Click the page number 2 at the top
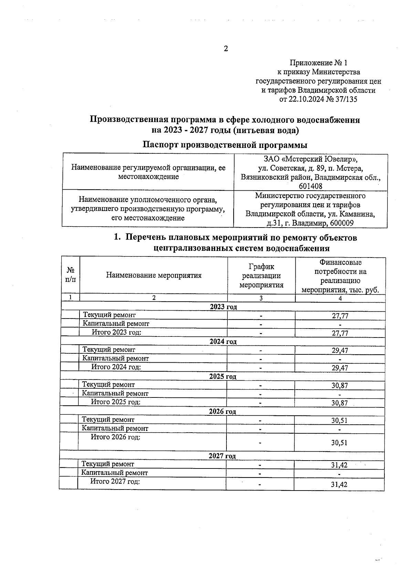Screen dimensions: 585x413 coord(226,49)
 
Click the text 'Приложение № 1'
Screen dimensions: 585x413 coord(318,63)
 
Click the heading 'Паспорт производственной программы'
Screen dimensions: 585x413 coord(225,145)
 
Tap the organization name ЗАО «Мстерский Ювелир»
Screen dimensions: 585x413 coord(310,159)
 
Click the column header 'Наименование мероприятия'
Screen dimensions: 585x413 coord(153,275)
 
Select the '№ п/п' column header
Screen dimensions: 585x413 coord(71,275)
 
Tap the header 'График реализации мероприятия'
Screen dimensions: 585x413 coord(261,275)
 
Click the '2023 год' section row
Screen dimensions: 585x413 coord(223,307)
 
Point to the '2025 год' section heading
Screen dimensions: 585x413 coord(223,376)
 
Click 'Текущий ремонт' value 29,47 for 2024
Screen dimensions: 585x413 coord(340,351)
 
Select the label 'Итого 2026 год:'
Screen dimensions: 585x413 coord(115,437)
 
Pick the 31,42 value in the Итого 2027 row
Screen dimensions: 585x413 coord(339,484)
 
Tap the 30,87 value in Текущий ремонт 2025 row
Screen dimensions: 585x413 coord(339,386)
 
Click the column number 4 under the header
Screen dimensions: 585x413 coord(340,299)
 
